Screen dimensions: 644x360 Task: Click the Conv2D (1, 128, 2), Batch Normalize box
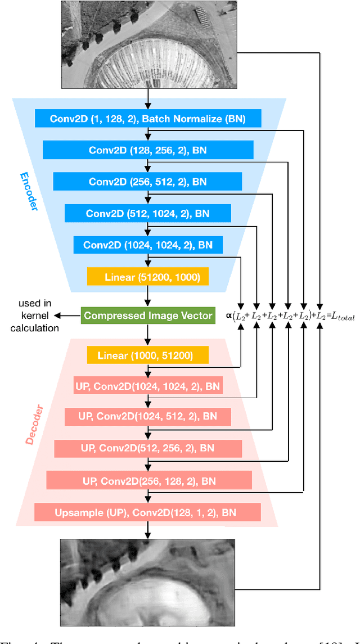pyautogui.click(x=147, y=119)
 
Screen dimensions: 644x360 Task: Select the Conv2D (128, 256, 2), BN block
pyautogui.click(x=147, y=150)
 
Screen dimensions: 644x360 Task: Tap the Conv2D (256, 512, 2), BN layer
pyautogui.click(x=147, y=182)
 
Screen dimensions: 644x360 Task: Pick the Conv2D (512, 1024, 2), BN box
pyautogui.click(x=147, y=213)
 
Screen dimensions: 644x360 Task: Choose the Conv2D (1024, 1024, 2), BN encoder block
pyautogui.click(x=147, y=245)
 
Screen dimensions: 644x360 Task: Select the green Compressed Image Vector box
pyautogui.click(x=147, y=316)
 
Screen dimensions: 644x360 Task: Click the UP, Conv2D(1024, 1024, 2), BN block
pyautogui.click(x=147, y=386)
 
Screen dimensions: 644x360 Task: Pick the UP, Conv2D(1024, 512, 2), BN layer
pyautogui.click(x=147, y=417)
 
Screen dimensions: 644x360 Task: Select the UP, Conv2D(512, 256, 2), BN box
pyautogui.click(x=147, y=448)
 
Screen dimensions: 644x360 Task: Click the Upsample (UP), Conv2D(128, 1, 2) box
pyautogui.click(x=147, y=512)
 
